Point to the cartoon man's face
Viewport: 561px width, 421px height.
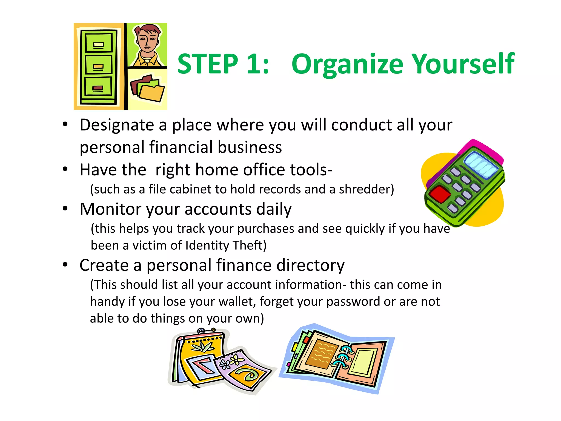click(147, 41)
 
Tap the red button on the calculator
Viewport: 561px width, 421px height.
click(439, 194)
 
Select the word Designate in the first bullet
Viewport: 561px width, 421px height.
click(117, 126)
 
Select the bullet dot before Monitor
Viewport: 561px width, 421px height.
click(65, 209)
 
